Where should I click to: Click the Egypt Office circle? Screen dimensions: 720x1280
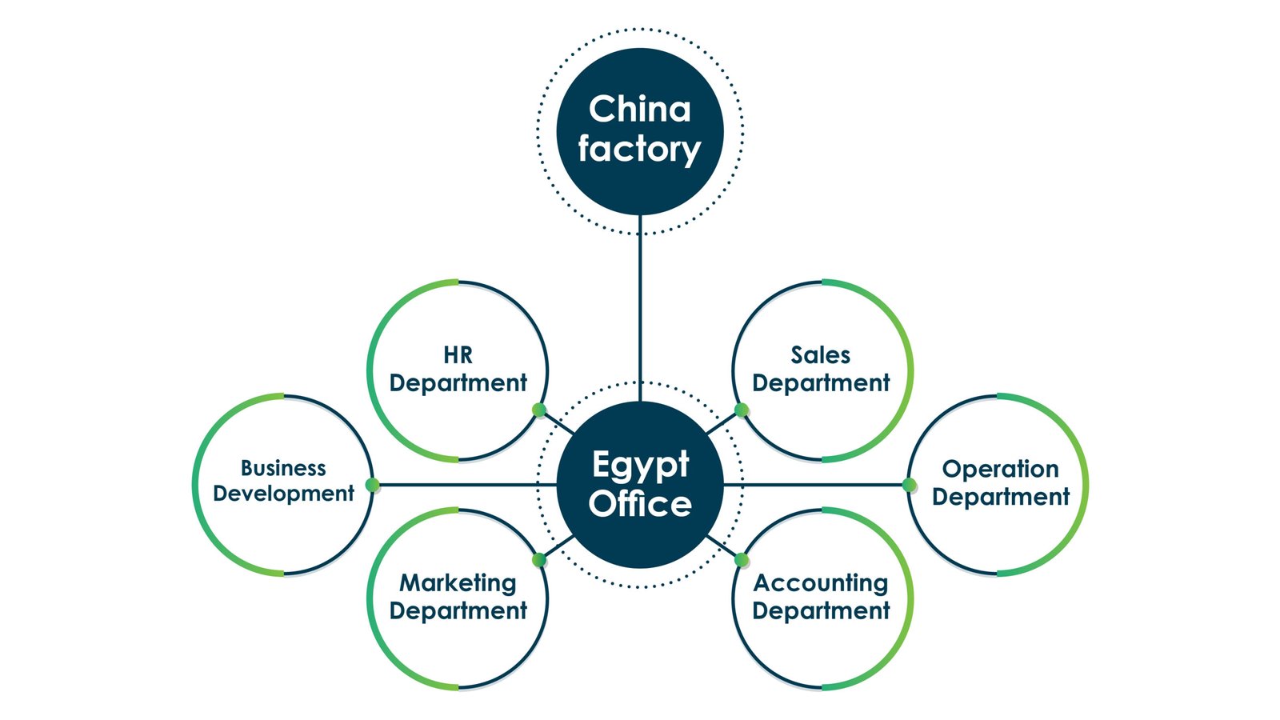640,485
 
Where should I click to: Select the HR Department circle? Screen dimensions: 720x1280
458,370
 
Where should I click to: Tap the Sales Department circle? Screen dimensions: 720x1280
822,370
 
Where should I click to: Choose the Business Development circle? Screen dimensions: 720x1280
283,484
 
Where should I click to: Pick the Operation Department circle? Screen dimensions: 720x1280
999,484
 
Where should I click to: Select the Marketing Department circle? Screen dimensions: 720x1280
458,598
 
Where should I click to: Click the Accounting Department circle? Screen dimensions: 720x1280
822,598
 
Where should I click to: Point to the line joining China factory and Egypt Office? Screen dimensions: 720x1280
640,308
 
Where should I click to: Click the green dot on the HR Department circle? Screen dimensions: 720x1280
539,410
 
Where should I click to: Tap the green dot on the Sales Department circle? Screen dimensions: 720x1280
742,410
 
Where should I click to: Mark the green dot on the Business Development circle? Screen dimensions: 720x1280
372,485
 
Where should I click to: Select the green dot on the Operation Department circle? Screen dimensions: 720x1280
909,485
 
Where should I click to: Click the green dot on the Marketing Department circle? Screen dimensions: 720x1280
539,559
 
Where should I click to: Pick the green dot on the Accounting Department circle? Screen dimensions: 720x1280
742,559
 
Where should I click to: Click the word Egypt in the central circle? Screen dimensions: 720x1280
640,465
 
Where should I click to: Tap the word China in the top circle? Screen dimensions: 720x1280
640,110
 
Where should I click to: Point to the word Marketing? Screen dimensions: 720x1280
458,583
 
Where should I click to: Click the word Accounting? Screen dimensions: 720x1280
821,584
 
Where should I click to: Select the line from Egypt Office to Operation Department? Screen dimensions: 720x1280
816,485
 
